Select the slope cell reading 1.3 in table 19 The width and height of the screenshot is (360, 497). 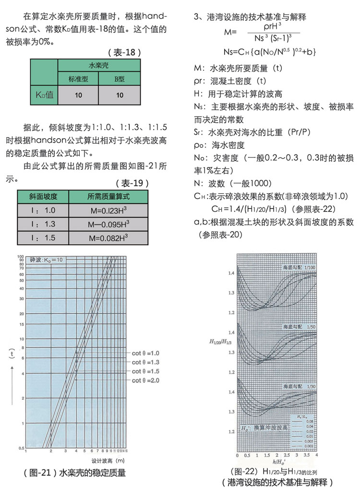coord(43,224)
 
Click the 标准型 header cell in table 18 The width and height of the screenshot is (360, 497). coord(78,79)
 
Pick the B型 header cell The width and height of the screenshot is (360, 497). coord(120,79)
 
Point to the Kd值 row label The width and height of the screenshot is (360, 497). coord(44,95)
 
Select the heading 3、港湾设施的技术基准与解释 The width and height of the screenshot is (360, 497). coord(250,17)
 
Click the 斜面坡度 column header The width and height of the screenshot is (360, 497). coord(43,196)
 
